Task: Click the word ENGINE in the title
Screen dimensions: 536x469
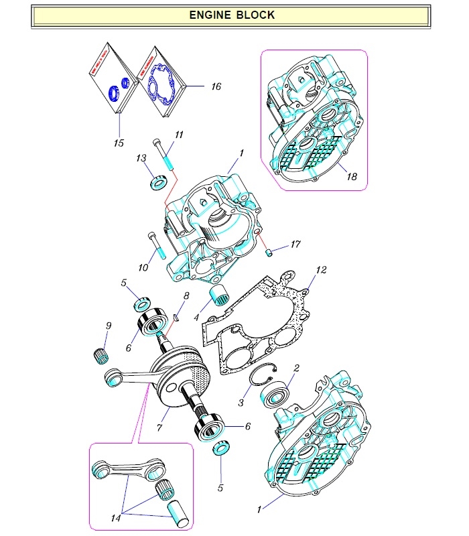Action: point(211,15)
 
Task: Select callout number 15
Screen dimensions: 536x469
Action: point(119,143)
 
